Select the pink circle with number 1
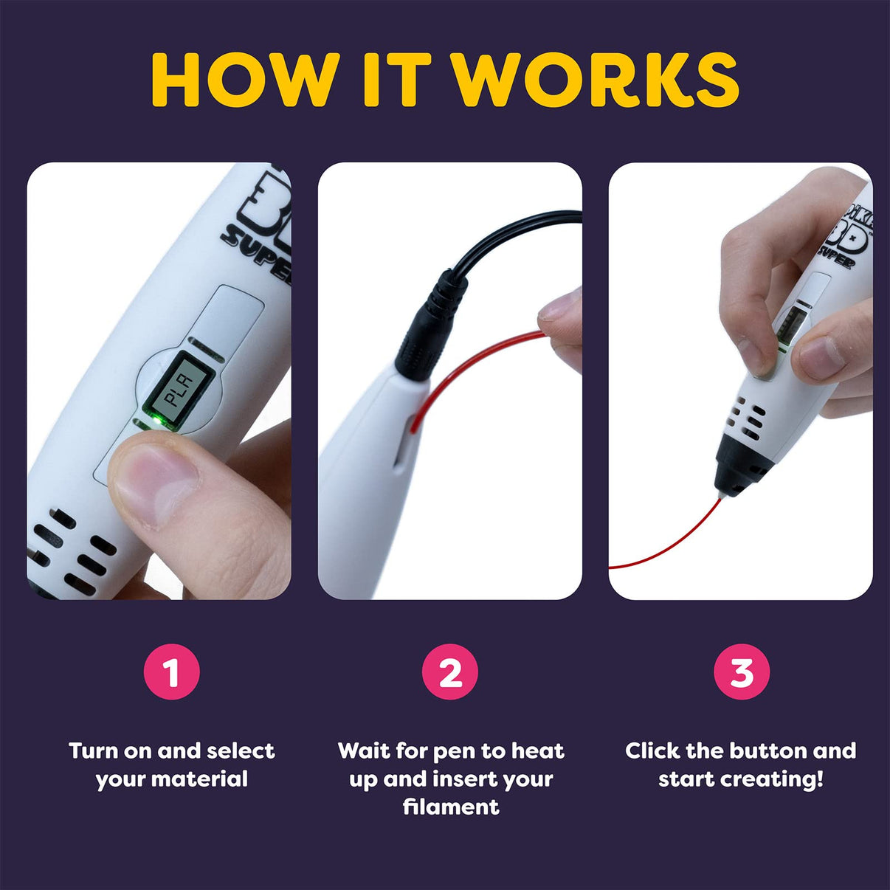(x=171, y=672)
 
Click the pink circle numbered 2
(x=450, y=672)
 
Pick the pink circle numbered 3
(x=741, y=672)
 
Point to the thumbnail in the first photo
(x=151, y=487)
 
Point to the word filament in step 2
(x=450, y=807)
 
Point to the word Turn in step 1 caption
(x=93, y=751)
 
